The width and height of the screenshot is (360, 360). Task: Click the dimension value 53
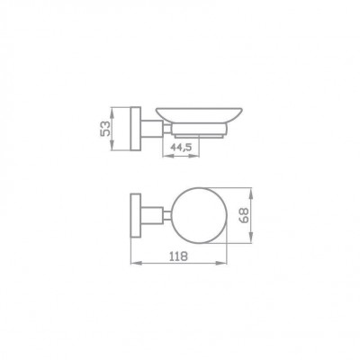105,129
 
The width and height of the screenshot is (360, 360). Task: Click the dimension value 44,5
181,147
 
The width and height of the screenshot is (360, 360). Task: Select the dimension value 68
245,215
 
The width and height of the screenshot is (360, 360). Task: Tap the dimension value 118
178,256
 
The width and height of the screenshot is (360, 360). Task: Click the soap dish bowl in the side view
199,115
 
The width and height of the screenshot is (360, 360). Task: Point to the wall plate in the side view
136,129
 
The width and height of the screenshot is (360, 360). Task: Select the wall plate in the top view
136,215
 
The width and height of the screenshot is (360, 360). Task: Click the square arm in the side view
152,129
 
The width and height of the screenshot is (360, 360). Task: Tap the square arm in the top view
152,215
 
